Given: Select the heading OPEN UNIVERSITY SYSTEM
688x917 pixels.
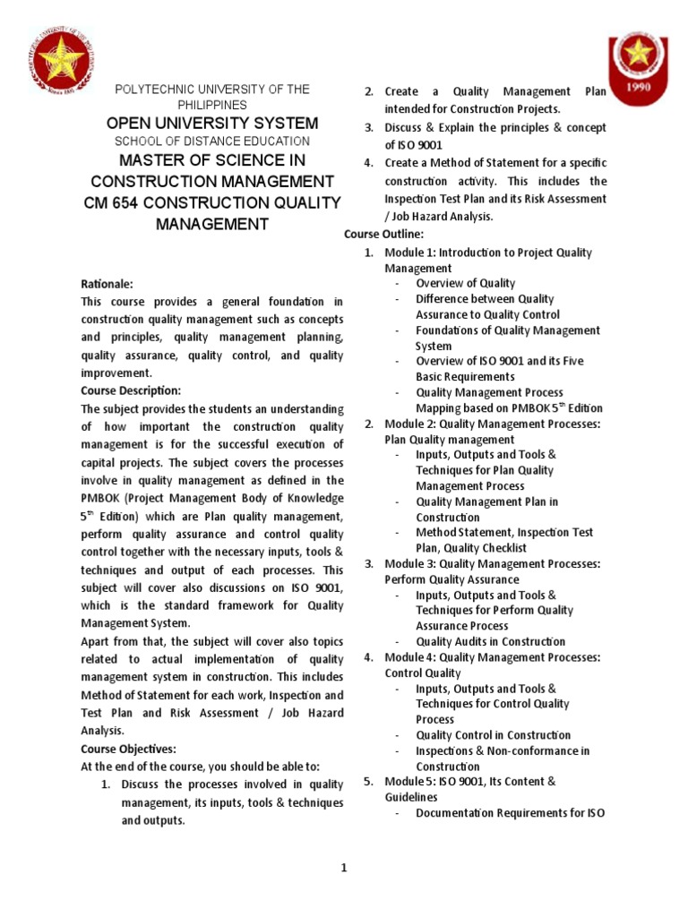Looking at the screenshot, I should coord(211,123).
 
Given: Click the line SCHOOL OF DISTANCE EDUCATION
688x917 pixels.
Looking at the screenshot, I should coord(211,141).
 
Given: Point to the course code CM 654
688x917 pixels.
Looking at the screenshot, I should coord(113,203).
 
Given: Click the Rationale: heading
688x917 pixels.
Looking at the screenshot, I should coord(107,283).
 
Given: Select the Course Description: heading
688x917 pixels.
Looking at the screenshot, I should coord(131,390).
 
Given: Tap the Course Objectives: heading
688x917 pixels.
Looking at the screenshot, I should coord(129,749).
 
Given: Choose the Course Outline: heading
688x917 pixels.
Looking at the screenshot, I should coord(378,234).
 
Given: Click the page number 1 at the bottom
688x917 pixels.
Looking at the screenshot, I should coord(343,867).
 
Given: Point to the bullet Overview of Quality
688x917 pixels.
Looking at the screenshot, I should coord(465,283).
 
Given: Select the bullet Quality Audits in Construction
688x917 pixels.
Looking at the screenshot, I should coord(490,641).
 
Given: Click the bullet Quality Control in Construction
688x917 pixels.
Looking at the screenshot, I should coord(493,735).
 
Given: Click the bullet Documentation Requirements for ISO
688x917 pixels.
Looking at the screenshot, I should coord(510,813).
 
